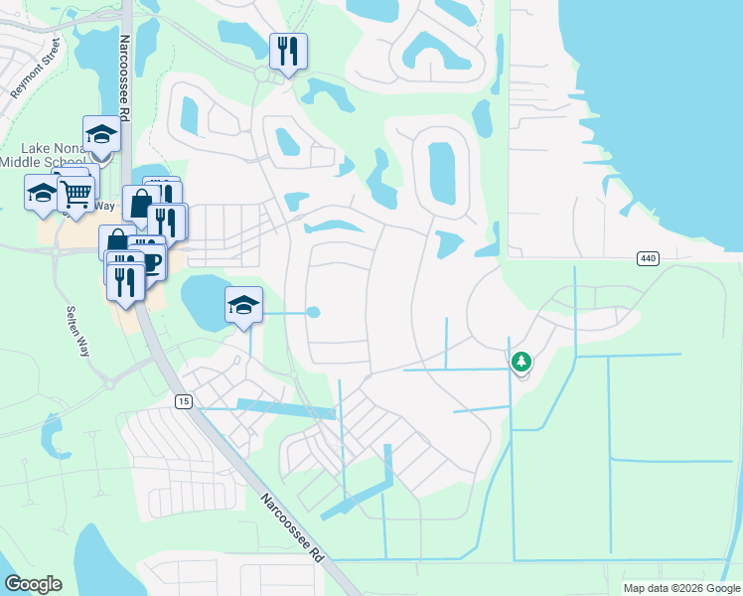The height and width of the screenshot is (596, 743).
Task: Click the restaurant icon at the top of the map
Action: click(288, 51)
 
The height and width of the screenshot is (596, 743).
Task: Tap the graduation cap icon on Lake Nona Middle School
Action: click(101, 135)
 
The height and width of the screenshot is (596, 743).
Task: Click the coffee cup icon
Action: click(151, 262)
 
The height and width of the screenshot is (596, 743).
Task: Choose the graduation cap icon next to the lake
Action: click(243, 305)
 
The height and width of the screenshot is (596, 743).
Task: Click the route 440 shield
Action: click(649, 258)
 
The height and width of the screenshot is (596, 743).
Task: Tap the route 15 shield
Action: click(182, 401)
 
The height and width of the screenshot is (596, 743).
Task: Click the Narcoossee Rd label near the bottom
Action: click(293, 527)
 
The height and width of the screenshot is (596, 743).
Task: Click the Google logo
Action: click(33, 584)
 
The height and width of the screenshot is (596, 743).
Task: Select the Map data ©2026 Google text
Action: click(680, 588)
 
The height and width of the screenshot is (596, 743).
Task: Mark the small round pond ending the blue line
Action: click(314, 312)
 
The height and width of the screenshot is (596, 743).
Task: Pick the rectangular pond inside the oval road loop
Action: click(439, 172)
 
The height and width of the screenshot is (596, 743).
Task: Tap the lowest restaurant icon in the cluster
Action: click(124, 281)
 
